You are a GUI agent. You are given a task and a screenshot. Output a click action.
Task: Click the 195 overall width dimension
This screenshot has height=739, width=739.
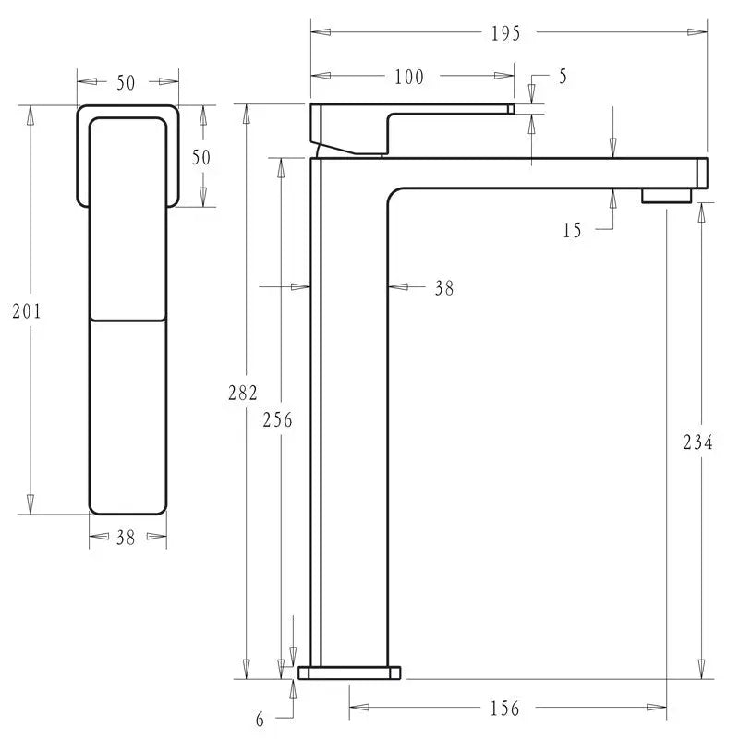[x=505, y=33]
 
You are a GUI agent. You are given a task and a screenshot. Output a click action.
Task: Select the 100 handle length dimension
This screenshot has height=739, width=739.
[x=409, y=77]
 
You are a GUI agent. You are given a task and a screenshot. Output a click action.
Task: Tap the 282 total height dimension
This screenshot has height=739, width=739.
[x=243, y=393]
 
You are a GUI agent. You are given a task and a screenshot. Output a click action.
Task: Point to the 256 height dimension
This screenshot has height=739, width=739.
[x=277, y=419]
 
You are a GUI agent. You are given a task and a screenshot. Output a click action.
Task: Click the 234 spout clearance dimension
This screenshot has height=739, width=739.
[x=698, y=442]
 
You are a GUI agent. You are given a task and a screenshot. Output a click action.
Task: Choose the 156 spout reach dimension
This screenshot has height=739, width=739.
[x=504, y=709]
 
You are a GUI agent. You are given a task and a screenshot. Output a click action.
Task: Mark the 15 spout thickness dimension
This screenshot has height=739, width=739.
[x=572, y=230]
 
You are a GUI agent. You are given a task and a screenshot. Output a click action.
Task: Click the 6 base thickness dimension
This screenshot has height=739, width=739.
[x=260, y=720]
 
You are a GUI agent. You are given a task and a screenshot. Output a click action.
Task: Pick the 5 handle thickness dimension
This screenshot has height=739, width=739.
[x=563, y=77]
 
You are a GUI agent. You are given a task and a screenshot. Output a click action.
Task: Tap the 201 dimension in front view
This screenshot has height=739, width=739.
[x=27, y=311]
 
